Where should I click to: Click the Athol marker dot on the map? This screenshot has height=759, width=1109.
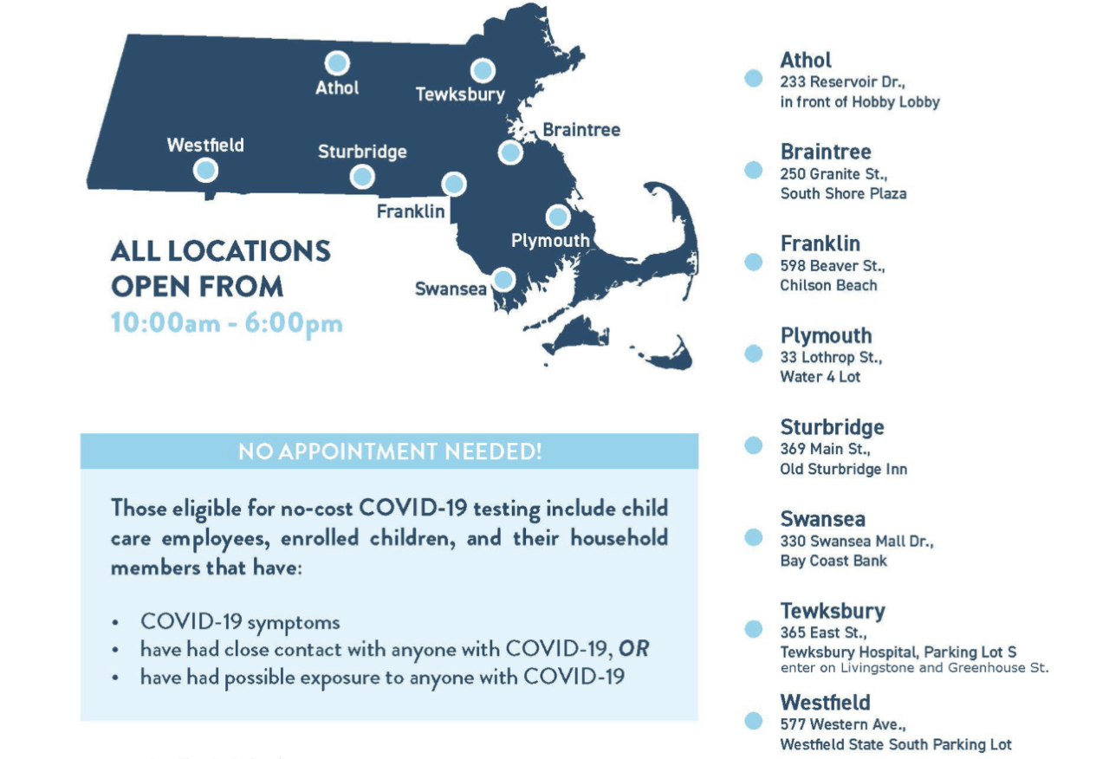point(337,63)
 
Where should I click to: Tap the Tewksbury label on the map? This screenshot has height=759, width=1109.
point(460,94)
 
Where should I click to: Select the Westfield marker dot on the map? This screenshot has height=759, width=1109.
point(205,171)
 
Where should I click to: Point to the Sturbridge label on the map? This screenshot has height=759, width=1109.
point(362,152)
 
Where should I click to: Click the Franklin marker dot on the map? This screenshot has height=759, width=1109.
point(454,185)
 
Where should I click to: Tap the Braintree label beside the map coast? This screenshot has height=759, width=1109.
point(581,130)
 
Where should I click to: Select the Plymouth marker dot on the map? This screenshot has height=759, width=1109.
point(558,217)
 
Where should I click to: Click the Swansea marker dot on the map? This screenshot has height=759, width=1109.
point(503,279)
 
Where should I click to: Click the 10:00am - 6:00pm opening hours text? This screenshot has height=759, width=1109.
point(227,323)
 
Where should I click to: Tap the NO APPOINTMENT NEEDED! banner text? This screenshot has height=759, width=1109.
point(390,451)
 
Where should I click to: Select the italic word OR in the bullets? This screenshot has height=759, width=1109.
point(633,649)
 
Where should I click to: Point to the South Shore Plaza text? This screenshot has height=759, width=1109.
point(843,193)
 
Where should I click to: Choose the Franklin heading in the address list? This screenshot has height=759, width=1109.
point(820,243)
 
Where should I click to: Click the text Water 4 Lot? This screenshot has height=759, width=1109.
point(820,377)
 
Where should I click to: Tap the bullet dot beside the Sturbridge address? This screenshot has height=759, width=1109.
point(754,445)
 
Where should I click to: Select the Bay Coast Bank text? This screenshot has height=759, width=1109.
point(833,561)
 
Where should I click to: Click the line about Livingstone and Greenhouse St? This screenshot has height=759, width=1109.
point(914,668)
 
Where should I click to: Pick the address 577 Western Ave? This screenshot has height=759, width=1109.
point(843,724)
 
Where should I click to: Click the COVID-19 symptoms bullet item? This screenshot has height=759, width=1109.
point(240,622)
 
